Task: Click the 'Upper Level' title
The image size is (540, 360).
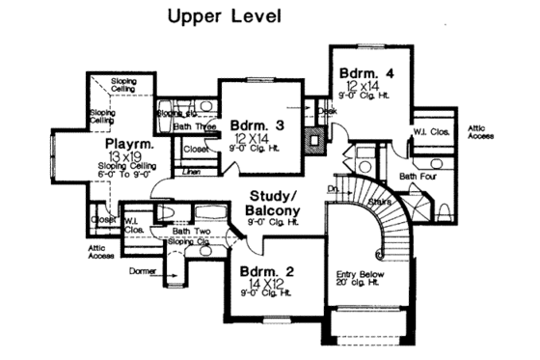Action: click(225, 16)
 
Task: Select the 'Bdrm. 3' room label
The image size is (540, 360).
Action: click(256, 125)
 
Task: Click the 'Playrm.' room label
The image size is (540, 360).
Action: click(126, 144)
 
